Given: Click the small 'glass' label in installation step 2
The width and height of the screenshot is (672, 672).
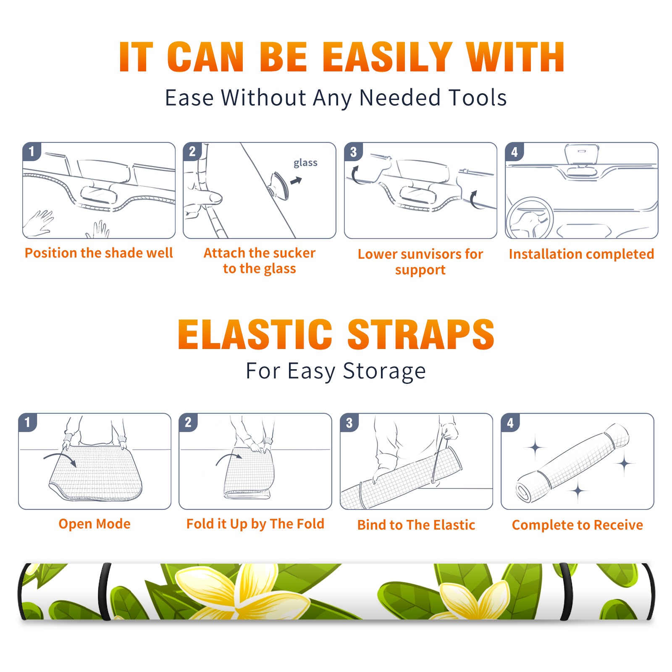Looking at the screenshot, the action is coord(305,163).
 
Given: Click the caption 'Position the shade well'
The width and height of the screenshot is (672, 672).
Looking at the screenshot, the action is coord(99,253).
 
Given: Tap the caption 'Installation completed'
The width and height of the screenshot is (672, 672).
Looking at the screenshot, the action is coord(581,254).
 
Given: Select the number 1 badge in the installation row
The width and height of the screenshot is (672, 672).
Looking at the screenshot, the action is coord(31,151).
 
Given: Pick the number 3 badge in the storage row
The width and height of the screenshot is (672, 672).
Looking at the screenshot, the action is coord(349,423).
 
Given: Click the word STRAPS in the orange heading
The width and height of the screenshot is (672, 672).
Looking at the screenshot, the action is coord(421,334).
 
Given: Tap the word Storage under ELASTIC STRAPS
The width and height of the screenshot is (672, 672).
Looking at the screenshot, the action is coord(384,371).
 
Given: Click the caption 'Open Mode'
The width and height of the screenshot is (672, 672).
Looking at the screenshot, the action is coord(94,524).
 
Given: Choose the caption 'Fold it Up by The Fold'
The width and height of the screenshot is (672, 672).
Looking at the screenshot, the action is coord(255,524).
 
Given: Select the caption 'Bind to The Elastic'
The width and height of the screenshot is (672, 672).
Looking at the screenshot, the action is coord(416,525).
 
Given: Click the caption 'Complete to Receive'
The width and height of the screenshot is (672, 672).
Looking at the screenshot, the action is coord(577,525).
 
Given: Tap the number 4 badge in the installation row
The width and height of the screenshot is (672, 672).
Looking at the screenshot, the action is coord(514,152).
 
